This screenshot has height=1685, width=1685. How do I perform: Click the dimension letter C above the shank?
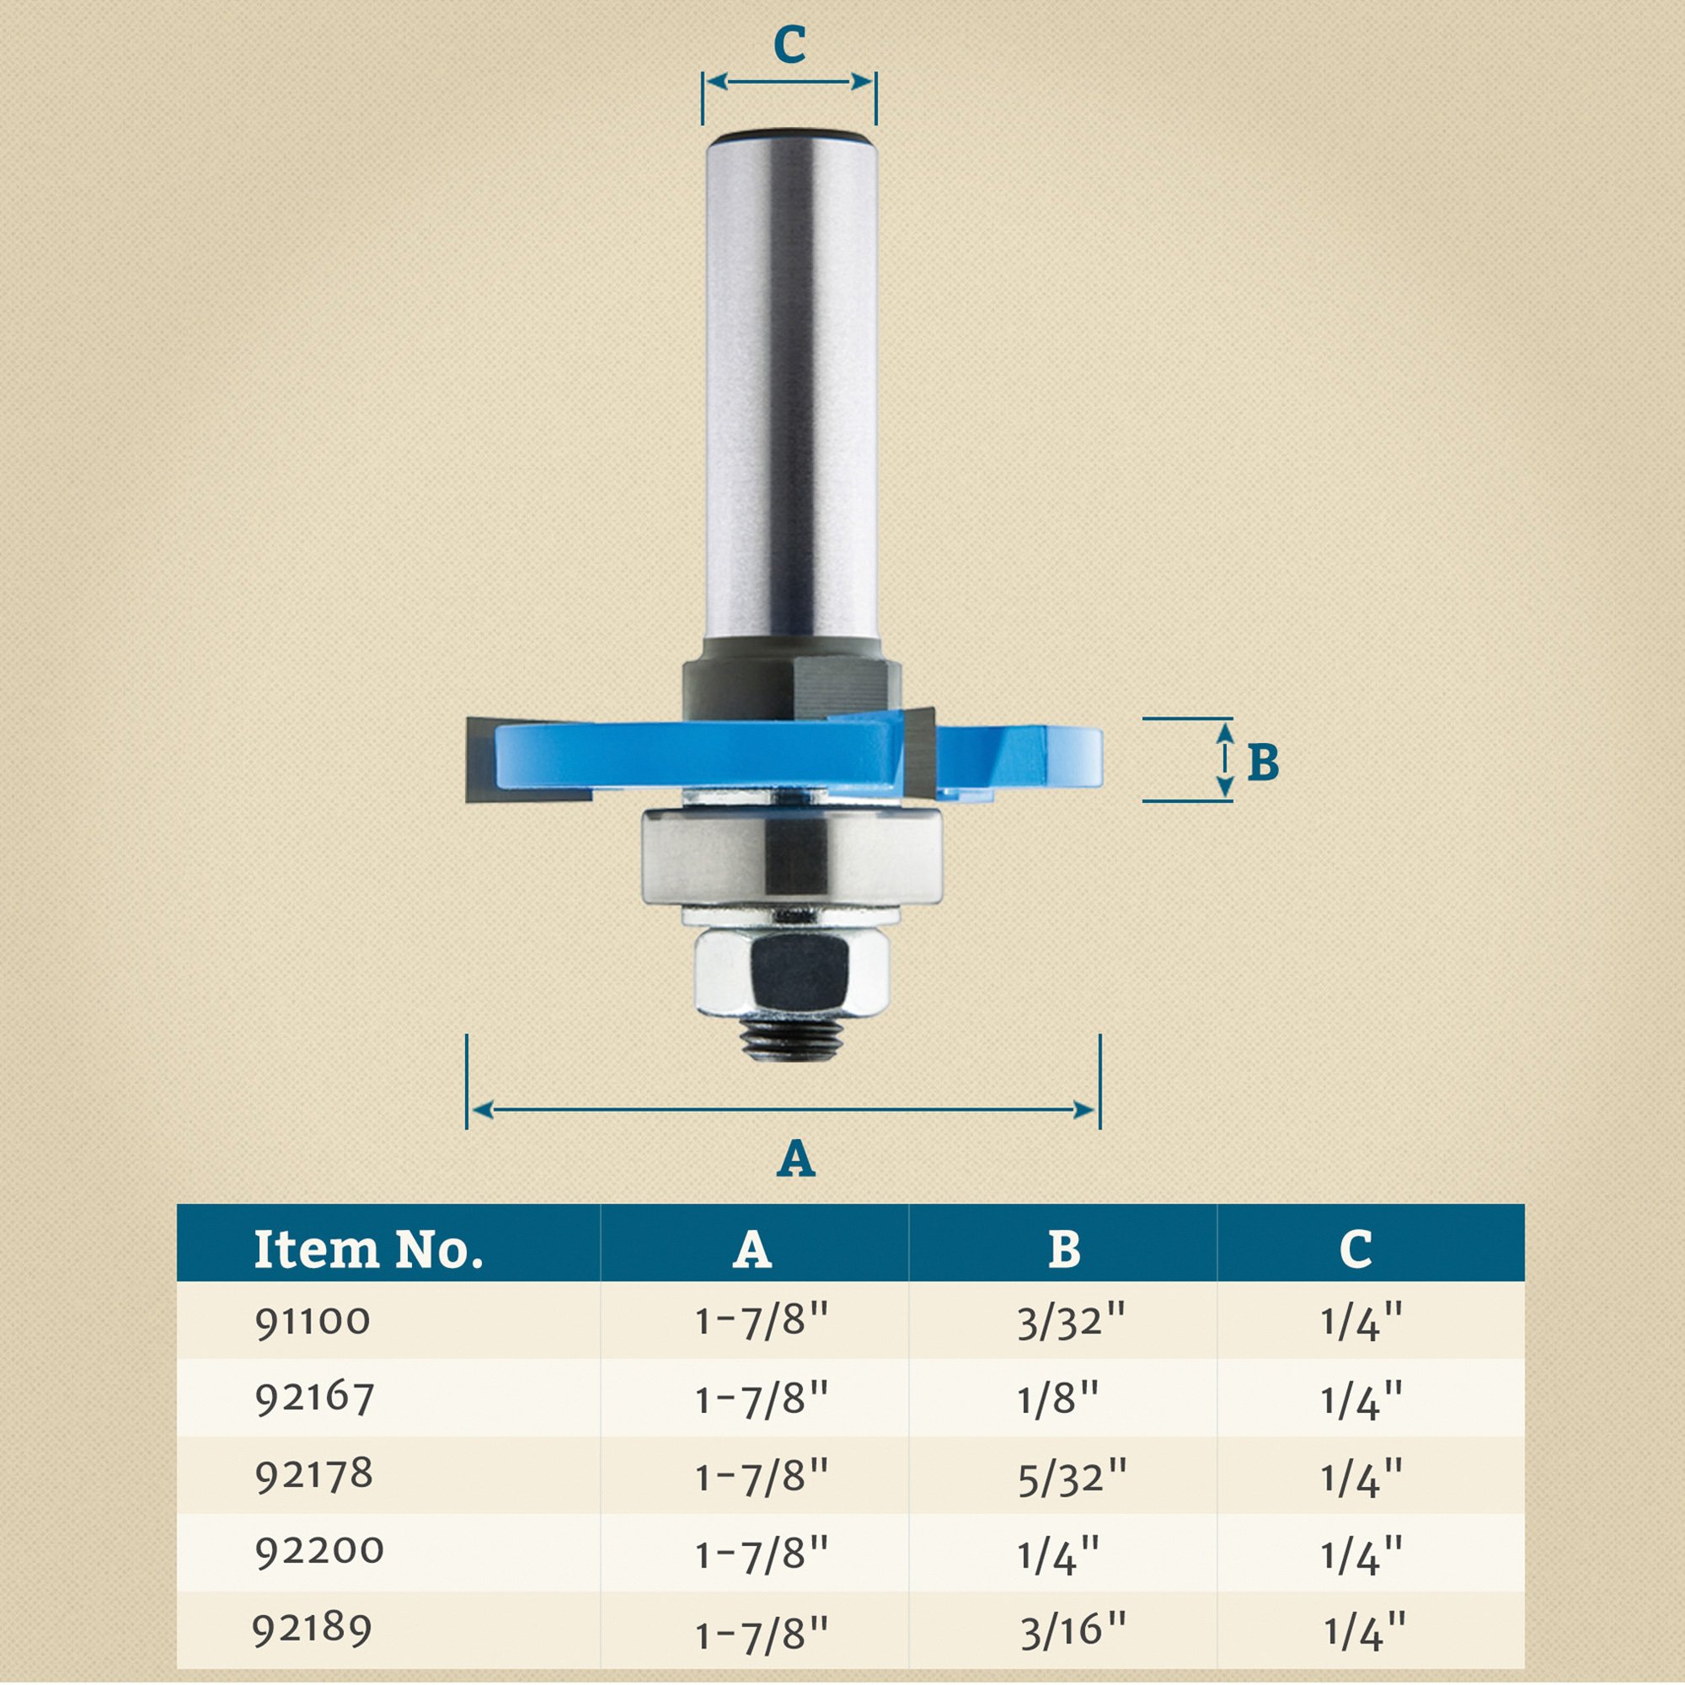coord(789,45)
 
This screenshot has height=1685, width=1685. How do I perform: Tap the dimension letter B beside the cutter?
coord(1262,762)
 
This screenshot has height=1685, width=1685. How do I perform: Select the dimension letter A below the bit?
coord(795,1159)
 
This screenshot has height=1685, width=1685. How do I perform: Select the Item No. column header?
coord(368,1249)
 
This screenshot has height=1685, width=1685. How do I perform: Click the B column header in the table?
coord(1062,1249)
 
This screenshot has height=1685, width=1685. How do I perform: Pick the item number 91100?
coord(313,1321)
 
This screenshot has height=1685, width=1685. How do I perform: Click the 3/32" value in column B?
coord(1071,1323)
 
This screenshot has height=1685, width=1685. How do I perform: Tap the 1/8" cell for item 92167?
coord(1057,1399)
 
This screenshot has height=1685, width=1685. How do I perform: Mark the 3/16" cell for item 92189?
coord(1073,1629)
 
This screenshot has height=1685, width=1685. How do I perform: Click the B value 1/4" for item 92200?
coord(1058,1554)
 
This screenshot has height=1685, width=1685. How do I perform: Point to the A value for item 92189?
coord(761,1631)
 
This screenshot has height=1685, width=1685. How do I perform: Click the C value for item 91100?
coord(1361,1323)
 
